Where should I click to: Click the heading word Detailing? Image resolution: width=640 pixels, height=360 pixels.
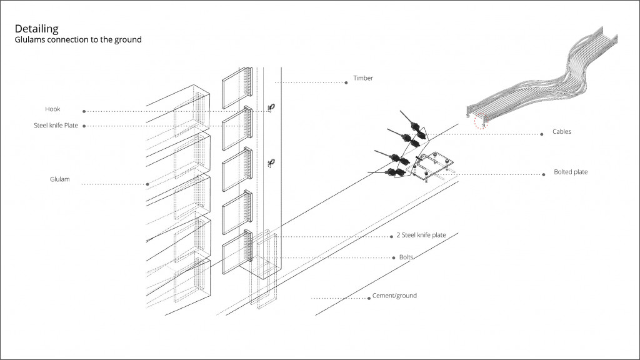(37, 29)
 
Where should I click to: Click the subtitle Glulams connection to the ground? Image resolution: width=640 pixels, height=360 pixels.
(78, 40)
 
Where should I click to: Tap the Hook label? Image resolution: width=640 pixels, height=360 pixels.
(52, 109)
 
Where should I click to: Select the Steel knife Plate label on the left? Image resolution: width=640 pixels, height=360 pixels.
(56, 126)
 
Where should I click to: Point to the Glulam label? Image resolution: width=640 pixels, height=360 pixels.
(59, 179)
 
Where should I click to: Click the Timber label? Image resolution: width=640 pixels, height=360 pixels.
(363, 78)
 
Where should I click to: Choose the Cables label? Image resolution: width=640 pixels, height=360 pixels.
(561, 132)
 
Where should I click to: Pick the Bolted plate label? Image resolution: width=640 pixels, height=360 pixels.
(571, 172)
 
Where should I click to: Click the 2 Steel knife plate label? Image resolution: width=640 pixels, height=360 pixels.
(421, 235)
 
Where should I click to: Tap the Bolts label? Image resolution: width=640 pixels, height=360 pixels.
(406, 257)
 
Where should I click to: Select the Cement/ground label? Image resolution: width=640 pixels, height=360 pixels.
(394, 296)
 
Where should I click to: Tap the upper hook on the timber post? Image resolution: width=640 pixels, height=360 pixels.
(271, 107)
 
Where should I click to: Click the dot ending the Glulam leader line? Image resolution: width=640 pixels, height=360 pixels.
(147, 184)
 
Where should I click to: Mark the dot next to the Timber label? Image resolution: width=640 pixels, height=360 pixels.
(346, 82)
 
